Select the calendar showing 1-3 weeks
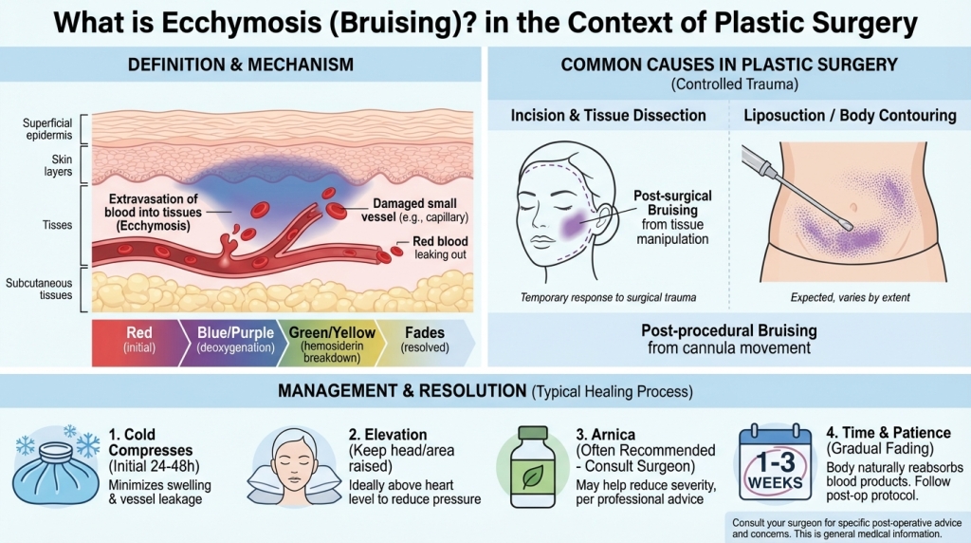pyautogui.click(x=775, y=466)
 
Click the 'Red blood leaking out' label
pyautogui.click(x=438, y=249)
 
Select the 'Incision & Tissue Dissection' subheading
pyautogui.click(x=608, y=115)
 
